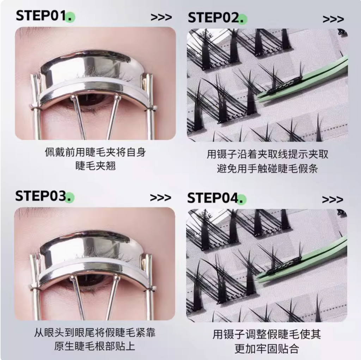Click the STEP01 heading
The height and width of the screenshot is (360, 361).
coord(42,16)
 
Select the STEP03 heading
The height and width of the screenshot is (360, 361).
coord(41,196)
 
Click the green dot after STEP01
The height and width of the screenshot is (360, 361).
coord(70,17)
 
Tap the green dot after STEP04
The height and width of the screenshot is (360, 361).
coord(241,199)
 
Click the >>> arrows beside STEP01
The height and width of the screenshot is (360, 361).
coord(161,17)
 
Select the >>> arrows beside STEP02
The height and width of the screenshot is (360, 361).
coord(333,19)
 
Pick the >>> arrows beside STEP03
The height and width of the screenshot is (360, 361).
coord(160,198)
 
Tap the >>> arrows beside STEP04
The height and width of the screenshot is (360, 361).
coord(332,200)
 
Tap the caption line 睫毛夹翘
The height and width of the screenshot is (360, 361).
coord(96,166)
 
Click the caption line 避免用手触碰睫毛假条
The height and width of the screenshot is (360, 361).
coord(267,169)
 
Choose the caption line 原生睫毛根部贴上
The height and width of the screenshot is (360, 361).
coord(94,346)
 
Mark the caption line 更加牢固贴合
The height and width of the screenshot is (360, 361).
coord(267,348)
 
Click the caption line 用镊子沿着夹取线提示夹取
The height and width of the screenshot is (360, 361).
coord(267,154)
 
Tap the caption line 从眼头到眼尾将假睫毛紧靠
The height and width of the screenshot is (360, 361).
coord(95,333)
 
